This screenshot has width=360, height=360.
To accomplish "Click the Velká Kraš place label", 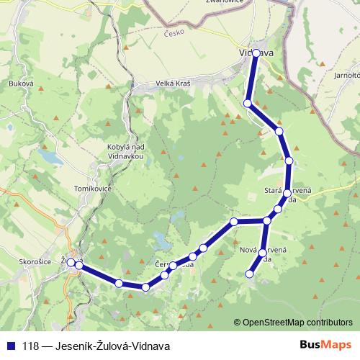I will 173,84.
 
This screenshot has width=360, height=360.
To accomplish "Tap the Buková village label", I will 21,84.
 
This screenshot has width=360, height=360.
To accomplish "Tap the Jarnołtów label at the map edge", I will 347,74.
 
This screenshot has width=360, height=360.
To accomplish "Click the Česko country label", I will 174,33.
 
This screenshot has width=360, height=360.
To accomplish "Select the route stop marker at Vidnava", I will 256,53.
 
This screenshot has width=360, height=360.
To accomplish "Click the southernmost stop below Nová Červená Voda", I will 250,274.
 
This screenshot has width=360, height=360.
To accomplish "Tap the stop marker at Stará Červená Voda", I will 287,194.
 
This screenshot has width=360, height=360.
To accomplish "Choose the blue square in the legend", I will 12,345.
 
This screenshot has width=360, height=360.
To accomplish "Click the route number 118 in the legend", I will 31,345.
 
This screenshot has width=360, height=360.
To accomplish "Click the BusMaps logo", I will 325,345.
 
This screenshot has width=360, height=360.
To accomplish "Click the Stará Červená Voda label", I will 288,195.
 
